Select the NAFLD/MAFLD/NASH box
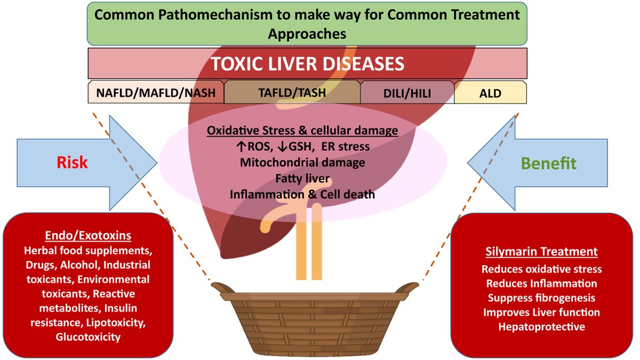[156, 93]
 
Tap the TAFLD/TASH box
[292, 93]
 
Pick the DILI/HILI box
[407, 93]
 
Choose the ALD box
[490, 93]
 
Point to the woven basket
[315, 320]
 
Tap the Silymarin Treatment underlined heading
[541, 252]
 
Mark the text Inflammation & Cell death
[302, 194]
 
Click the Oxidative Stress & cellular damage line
[302, 130]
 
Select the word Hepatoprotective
[541, 326]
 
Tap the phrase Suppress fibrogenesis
[541, 298]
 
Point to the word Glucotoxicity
[88, 337]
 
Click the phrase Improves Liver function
[541, 312]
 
